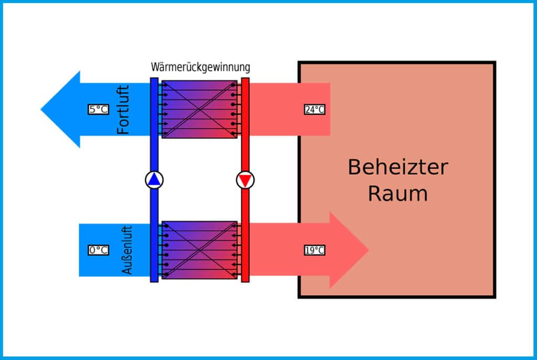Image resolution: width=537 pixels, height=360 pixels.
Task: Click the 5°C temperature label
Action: (98, 110)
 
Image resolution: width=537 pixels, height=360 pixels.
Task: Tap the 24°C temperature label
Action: (315, 110)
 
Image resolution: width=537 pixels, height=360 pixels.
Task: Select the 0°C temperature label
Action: (98, 250)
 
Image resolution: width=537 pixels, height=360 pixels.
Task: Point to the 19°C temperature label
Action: (315, 250)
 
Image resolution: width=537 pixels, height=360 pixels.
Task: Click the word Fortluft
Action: (123, 109)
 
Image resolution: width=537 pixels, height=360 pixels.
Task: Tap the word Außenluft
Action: (127, 250)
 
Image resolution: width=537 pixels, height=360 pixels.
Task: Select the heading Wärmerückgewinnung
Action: (200, 68)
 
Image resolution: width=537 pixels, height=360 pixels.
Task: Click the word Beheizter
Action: (398, 168)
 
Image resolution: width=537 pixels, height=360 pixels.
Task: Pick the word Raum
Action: (398, 193)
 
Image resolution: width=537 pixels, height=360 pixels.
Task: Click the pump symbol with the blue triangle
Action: (154, 180)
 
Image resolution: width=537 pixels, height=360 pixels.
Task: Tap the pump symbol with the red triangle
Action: (245, 180)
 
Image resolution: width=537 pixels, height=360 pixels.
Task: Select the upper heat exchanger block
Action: (199, 109)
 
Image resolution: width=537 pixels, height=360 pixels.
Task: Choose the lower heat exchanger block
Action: (199, 250)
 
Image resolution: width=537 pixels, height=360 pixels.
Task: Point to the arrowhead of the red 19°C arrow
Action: (349, 250)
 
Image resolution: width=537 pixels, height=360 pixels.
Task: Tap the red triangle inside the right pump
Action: (245, 181)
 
